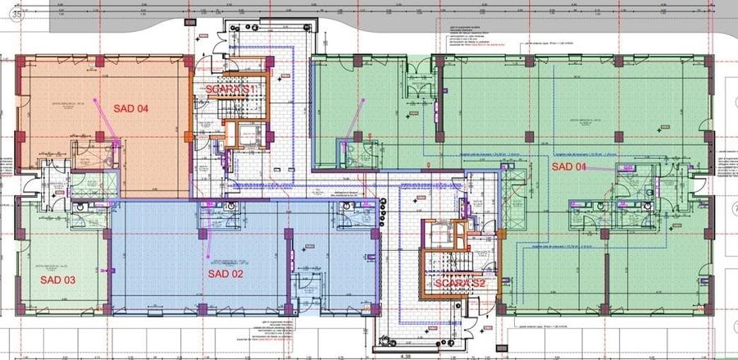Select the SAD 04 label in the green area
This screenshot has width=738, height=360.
pyautogui.click(x=569, y=167)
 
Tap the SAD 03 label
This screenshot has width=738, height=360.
pyautogui.click(x=58, y=280)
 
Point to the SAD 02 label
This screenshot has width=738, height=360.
pyautogui.click(x=225, y=274)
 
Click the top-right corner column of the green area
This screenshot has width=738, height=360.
pyautogui.click(x=708, y=61)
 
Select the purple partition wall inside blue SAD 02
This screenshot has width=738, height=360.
pyautogui.click(x=289, y=271)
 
